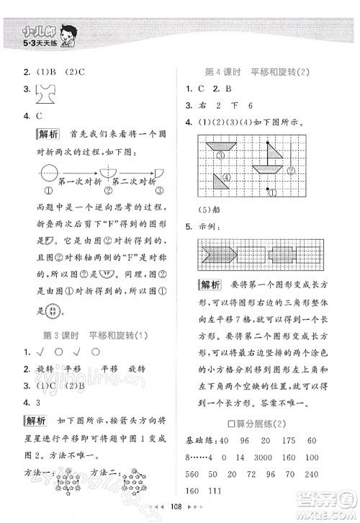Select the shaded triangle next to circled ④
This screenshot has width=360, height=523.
224,176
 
